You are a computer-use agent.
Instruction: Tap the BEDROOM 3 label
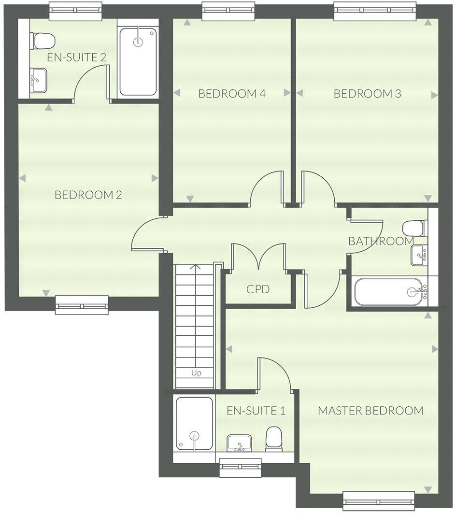coord(368,94)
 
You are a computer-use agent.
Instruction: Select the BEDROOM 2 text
coord(88,195)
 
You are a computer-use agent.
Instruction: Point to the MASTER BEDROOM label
coord(370,411)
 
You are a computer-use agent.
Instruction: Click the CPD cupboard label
coord(258,290)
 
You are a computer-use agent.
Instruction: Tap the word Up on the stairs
coord(196,373)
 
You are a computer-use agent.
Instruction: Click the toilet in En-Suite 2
coord(43,41)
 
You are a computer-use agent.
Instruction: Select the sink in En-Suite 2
coord(38,80)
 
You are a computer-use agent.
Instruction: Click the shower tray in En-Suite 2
coord(138,61)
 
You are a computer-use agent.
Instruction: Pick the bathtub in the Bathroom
coord(389,292)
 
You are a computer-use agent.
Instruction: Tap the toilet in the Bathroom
coord(415,228)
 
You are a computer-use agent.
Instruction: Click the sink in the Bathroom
coord(419,255)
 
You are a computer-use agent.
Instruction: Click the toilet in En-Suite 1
coord(274,439)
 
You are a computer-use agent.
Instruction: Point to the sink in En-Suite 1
coord(239,443)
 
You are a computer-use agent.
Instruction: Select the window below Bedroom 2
coord(82,304)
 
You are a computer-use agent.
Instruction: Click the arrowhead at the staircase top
coord(195,266)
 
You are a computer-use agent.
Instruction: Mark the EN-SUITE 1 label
coord(256,411)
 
